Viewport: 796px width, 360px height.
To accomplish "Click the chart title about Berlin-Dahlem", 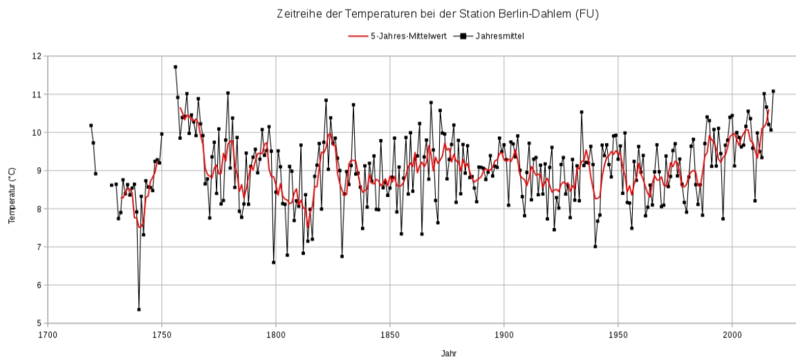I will click(x=436, y=13).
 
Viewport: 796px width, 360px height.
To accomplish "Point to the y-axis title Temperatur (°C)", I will click(x=11, y=190).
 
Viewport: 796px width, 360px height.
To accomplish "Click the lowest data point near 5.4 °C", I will click(x=139, y=309).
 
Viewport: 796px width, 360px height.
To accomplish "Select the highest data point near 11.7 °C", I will click(x=175, y=67).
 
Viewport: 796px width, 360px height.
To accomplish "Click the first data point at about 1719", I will click(x=91, y=125).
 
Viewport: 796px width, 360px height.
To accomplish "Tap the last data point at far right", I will click(x=773, y=91).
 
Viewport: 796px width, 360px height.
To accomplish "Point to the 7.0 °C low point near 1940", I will click(x=595, y=246).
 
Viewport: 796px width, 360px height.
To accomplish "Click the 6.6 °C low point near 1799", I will click(x=273, y=262).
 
